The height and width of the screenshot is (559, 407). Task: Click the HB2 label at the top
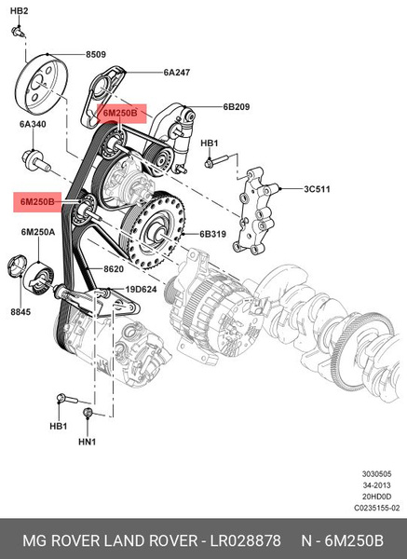20,10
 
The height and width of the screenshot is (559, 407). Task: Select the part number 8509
97,55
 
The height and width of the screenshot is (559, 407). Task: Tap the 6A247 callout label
177,72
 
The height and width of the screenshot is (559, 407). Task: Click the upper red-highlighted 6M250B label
119,113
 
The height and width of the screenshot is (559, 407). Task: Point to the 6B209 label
237,106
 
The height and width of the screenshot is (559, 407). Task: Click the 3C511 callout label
319,189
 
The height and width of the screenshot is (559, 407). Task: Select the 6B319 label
213,234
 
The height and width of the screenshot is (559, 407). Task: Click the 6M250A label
37,231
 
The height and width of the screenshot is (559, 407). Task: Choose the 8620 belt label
114,269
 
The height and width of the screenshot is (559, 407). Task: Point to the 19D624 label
142,289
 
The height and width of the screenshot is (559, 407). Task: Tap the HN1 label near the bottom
87,442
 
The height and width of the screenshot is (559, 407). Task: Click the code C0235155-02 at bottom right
375,508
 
